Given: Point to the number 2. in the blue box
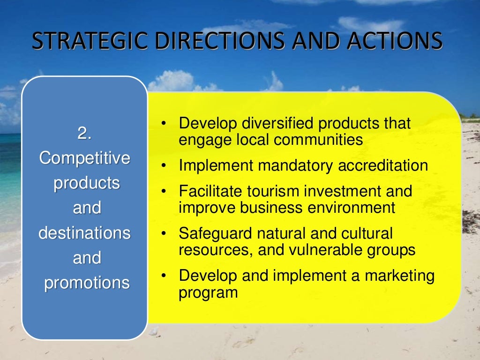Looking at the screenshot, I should pos(84,134).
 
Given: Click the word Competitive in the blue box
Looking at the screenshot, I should pos(84,158).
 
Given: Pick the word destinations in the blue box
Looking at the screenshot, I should pos(84,233).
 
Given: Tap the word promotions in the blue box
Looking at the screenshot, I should pos(87,283).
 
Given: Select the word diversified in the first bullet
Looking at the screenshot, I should pos(278,124).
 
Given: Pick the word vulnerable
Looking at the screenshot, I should pos(327,249).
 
